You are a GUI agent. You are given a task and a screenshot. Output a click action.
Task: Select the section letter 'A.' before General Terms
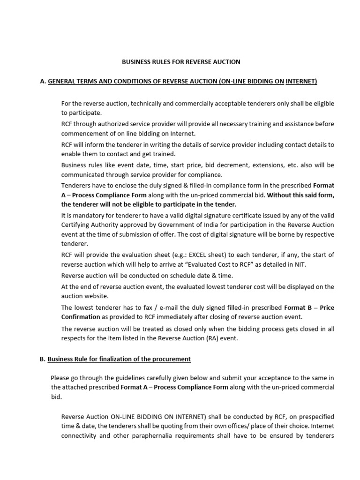[x=43, y=82]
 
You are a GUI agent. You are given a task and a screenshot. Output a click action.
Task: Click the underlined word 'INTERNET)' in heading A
[x=301, y=82]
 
